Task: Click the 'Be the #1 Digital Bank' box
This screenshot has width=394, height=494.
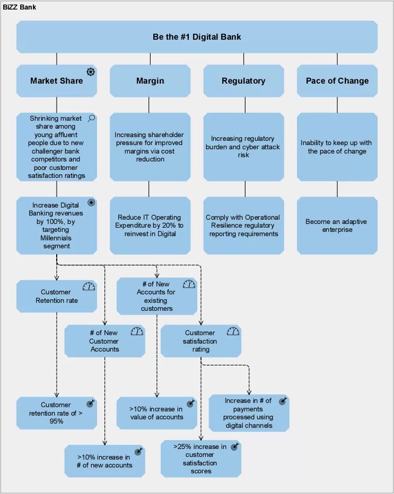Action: pos(197,37)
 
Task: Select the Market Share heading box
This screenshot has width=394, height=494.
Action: pos(56,81)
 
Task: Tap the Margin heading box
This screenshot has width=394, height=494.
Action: pos(150,81)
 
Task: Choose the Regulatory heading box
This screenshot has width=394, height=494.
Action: pos(243,81)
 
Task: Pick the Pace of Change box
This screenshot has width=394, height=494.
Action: pos(337,81)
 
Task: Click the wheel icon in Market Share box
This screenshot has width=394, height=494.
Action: pos(91,71)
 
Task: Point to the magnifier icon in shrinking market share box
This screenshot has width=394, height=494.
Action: pos(91,118)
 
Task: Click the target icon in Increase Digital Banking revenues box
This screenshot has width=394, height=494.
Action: pos(91,203)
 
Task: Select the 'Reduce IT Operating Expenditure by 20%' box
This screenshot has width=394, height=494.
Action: pos(150,226)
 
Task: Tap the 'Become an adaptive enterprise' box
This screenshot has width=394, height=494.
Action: pos(337,226)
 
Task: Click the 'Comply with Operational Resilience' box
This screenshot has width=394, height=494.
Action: pos(243,226)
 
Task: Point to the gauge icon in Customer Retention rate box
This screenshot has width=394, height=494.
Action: pos(89,286)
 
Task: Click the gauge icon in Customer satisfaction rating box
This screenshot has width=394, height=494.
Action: pos(233,331)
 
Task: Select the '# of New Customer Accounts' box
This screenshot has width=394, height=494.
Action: pos(104,341)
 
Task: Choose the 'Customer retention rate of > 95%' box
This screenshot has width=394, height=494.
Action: pos(56,413)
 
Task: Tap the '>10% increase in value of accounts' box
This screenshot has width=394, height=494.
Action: pos(156,413)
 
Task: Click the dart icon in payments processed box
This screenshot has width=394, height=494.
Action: pos(283,401)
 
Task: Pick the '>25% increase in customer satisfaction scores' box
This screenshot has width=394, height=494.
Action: pos(201,459)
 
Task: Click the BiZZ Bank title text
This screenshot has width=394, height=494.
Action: pos(19,8)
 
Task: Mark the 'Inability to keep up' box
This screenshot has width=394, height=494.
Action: pos(337,147)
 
